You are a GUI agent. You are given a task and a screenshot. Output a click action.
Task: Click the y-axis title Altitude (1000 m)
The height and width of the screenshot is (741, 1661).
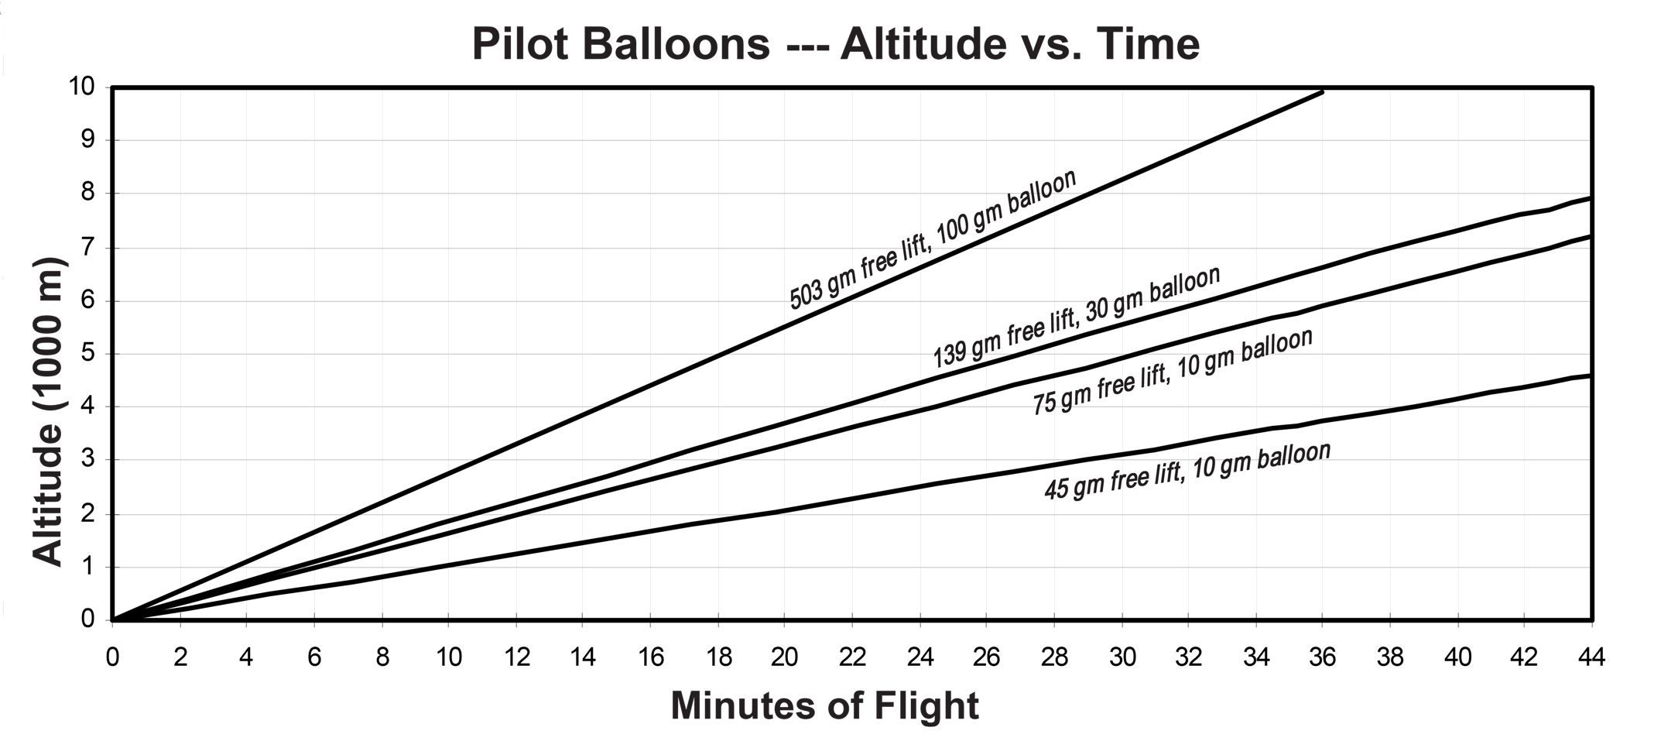tap(48, 412)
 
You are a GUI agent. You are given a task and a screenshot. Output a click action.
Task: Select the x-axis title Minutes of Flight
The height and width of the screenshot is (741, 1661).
tap(824, 706)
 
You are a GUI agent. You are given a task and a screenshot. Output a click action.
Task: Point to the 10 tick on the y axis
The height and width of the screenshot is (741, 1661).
tap(84, 87)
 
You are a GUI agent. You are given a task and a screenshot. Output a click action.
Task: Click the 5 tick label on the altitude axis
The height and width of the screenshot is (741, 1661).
tap(87, 353)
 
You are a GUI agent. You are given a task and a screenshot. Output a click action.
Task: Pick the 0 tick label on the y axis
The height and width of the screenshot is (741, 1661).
tap(87, 619)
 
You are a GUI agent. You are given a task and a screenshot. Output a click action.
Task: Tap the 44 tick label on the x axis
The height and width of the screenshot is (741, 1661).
tap(1591, 657)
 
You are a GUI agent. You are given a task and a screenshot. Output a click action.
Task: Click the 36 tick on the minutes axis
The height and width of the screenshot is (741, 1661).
tap(1322, 657)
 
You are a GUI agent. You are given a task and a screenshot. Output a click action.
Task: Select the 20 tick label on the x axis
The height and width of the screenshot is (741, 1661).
tap(784, 657)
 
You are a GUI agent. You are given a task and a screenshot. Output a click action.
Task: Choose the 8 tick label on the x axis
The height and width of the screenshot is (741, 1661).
tap(382, 657)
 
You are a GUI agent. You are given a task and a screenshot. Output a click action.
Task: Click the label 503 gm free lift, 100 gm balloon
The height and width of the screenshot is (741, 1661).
tap(932, 239)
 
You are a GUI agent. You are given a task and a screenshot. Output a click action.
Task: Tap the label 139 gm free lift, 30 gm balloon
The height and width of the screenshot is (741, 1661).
tap(1076, 317)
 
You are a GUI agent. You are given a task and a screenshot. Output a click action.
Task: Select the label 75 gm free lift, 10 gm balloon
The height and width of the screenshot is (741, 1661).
tap(1172, 372)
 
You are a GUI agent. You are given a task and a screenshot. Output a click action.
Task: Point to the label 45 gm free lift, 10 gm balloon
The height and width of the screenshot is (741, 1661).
tap(1187, 471)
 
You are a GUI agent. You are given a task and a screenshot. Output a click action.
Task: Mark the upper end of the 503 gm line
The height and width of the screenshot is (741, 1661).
tap(1321, 92)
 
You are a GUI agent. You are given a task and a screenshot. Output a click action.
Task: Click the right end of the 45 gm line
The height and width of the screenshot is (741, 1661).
tap(1589, 376)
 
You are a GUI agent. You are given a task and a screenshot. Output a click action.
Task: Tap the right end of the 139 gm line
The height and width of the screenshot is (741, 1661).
tap(1589, 198)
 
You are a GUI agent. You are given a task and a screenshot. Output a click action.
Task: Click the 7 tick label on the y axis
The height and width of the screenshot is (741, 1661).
tap(87, 247)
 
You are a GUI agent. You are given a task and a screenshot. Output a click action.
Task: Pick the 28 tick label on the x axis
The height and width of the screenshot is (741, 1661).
tap(1053, 657)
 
